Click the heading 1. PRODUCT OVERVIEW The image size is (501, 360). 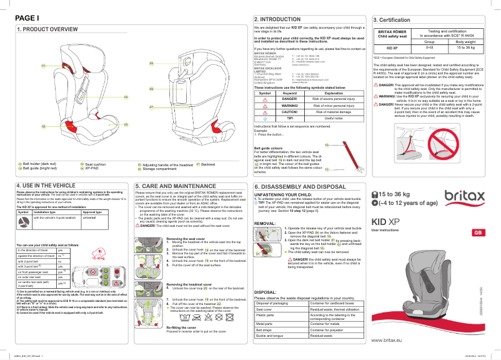[x=42, y=29]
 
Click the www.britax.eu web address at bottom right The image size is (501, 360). [x=390, y=340]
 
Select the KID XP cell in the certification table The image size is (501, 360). [x=392, y=47]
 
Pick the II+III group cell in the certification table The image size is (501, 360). [x=429, y=47]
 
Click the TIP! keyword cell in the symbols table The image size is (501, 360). [x=289, y=117]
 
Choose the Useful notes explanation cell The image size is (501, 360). [x=334, y=117]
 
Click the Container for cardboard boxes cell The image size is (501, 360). [x=334, y=303]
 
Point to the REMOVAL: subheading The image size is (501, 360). [x=265, y=223]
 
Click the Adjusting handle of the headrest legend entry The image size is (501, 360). [x=164, y=165]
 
